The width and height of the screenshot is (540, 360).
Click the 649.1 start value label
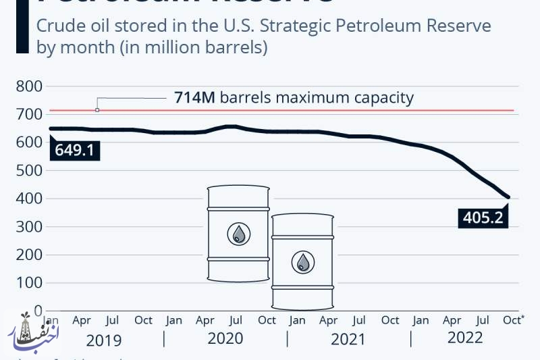[74, 149]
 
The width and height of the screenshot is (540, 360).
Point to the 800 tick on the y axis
[29, 86]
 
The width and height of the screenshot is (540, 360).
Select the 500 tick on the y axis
[29, 171]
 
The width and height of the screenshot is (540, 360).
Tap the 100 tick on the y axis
[29, 283]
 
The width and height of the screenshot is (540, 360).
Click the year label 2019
[103, 338]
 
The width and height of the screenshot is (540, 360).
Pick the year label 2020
[225, 338]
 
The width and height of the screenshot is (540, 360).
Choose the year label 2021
[348, 338]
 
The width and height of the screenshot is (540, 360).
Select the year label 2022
[466, 338]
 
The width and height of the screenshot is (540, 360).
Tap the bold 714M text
[194, 98]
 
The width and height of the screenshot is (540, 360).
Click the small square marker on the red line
[97, 109]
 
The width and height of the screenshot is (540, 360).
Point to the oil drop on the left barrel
[238, 234]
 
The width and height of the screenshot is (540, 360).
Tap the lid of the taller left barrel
[238, 188]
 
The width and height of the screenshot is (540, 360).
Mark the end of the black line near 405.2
[508, 197]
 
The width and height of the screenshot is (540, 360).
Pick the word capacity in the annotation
[383, 98]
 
